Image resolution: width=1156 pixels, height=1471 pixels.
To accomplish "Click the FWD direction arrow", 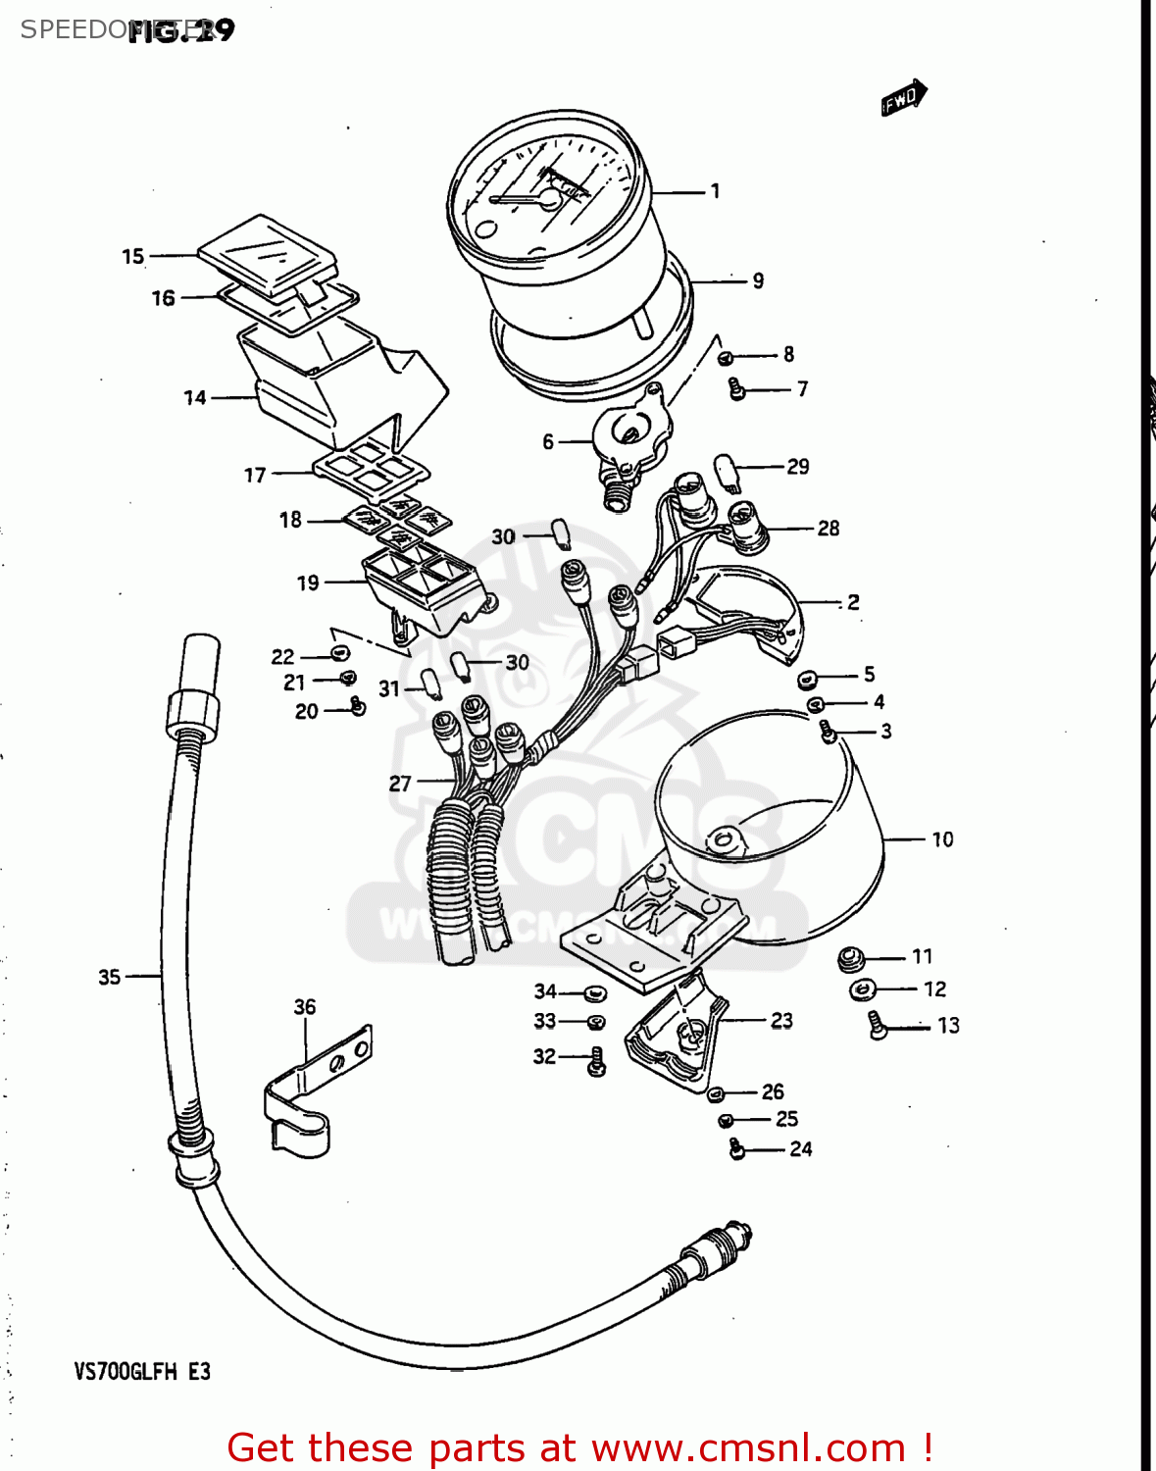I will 903,98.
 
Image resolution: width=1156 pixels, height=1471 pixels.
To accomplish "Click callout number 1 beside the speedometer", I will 716,191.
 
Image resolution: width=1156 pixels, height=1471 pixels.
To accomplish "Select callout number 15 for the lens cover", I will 133,257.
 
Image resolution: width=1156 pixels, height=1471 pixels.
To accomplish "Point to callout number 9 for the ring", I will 758,281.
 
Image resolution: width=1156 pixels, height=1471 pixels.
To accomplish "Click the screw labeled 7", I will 736,389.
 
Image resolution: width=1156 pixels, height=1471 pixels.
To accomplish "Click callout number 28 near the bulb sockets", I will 829,529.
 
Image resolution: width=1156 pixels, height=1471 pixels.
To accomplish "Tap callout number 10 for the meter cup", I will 942,839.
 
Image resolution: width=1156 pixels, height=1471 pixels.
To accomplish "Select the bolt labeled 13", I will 877,1026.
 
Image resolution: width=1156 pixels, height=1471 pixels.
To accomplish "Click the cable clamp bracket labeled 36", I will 314,1089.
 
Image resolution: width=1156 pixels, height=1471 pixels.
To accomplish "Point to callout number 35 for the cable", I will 110,977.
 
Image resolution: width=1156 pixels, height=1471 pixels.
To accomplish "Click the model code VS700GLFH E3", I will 142,1372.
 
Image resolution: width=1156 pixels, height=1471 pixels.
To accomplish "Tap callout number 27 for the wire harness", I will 400,784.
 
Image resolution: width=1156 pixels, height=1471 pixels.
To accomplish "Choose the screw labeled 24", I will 737,1149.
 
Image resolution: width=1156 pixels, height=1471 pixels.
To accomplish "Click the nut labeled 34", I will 594,993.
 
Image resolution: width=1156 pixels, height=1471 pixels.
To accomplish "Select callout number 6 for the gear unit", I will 548,442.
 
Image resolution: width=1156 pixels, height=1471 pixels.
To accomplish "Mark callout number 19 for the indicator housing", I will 308,583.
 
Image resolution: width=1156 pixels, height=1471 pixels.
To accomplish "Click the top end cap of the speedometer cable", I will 200,662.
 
